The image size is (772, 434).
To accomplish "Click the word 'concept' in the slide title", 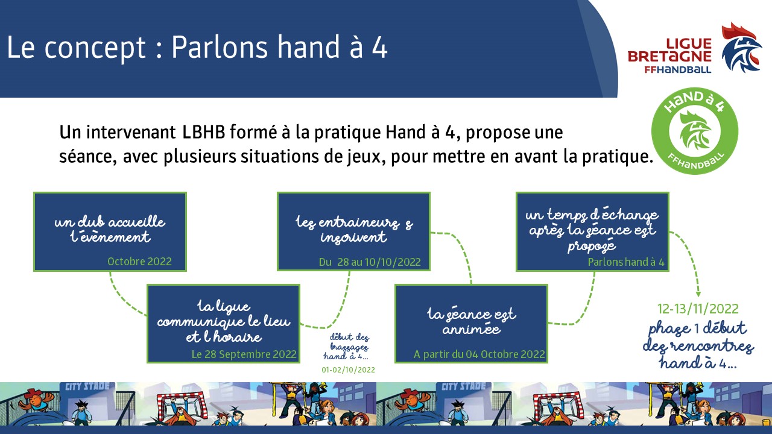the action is pos(95,48).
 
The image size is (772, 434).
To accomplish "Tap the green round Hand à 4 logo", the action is pos(694,131).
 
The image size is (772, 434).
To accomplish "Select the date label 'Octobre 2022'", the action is pos(139,262).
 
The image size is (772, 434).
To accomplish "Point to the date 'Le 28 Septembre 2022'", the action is pos(244,354).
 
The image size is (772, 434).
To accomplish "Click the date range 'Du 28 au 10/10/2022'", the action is pos(370,262).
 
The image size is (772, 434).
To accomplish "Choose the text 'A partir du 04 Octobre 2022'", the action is pos(479,354).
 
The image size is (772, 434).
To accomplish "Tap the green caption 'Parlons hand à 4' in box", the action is pos(626,262).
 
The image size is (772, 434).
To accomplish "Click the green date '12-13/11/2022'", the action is pos(698,309).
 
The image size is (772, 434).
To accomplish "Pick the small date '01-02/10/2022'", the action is pos(348,370).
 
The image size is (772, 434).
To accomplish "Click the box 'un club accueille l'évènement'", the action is pos(110,232).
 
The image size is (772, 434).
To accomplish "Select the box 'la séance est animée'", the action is pos(471,324).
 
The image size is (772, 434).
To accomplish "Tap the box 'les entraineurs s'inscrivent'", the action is pos(353,231).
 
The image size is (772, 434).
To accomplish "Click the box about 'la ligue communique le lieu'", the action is pos(223,324).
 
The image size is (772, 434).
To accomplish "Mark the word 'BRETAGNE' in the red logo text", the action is pos(669,56).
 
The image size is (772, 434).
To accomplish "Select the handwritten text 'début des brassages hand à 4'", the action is pos(347,347).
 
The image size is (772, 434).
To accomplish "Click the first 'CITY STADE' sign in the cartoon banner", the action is pos(87,386).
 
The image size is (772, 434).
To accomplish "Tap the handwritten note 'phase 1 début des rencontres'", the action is pos(698,345).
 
